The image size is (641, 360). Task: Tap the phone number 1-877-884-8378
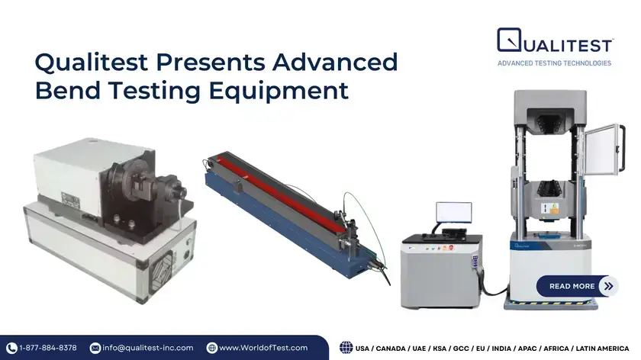[47, 348]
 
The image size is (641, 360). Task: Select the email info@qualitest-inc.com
[148, 348]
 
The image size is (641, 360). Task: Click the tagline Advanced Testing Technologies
[554, 63]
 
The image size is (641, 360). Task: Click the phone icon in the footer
[11, 348]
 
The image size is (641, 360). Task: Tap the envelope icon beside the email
[95, 348]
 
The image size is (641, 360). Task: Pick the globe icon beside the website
[211, 348]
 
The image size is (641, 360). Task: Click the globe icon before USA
[346, 348]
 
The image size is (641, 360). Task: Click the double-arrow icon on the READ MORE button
[608, 286]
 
